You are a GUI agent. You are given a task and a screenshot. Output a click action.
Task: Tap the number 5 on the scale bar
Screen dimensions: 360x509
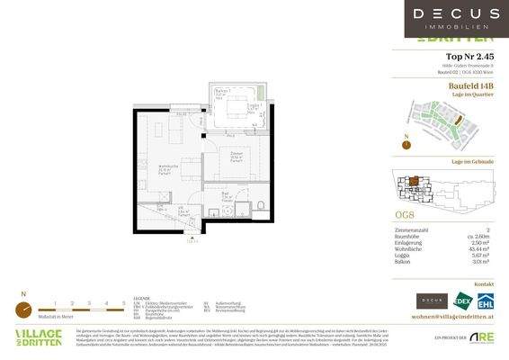click(x=123, y=303)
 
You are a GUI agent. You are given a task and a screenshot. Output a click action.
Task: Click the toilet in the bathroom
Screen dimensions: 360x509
click(x=259, y=206)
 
